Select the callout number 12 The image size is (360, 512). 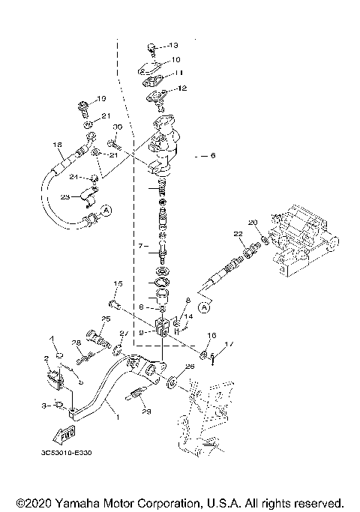tap(180, 88)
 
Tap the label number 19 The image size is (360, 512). tap(103, 99)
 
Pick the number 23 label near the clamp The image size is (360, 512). tap(65, 197)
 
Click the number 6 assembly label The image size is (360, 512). tap(212, 156)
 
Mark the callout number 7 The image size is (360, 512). tap(138, 245)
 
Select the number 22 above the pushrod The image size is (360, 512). tap(238, 235)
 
